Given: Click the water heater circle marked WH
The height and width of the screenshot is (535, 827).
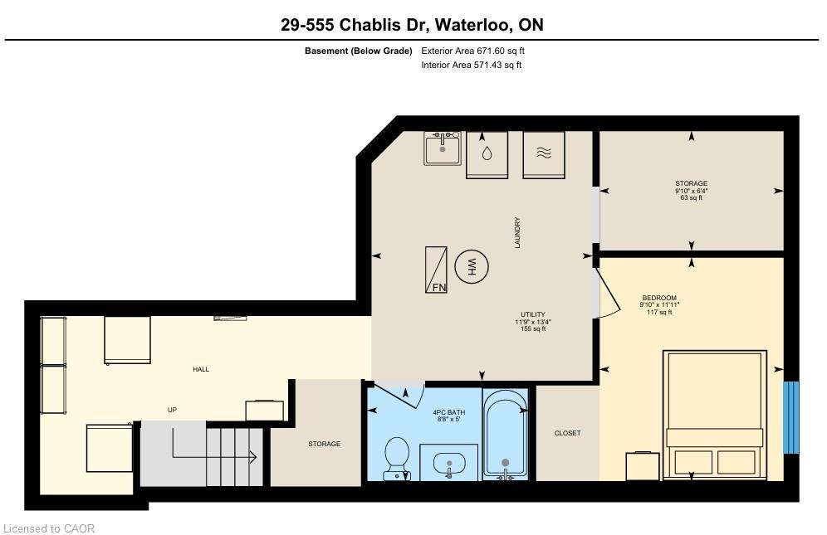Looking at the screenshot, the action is point(472,267).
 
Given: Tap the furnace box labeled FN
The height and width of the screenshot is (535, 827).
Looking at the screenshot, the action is point(436,270).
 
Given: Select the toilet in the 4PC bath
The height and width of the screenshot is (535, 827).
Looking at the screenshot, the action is point(397,459).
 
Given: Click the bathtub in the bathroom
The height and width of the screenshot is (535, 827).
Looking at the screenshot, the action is point(506,435).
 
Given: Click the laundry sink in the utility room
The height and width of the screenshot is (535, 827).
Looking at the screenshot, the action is point(443,148).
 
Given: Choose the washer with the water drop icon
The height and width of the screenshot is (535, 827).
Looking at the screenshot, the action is point(487,155).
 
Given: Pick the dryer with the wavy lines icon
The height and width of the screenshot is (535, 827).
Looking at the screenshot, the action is point(544,155).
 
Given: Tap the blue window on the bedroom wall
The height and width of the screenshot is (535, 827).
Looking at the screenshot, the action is point(790,417).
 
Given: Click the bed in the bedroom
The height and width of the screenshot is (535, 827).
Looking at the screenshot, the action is point(715,414).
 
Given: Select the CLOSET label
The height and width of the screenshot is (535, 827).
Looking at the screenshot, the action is point(567,433).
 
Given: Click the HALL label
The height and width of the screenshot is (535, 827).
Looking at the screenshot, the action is point(201,369).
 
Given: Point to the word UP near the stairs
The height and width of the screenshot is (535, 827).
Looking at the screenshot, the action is point(172,410).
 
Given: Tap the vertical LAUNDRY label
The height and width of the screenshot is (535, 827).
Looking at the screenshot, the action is point(517,232).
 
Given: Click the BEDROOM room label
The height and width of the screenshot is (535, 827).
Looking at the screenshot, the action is point(659,298).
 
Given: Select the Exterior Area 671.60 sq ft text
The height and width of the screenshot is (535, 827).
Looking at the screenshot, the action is point(472,51).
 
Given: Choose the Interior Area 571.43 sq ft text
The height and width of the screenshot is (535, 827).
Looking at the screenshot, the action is point(471,66).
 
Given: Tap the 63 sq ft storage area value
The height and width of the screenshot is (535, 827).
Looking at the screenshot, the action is point(691,198).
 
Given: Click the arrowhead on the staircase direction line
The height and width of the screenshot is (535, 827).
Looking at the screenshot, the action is point(253,457).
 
